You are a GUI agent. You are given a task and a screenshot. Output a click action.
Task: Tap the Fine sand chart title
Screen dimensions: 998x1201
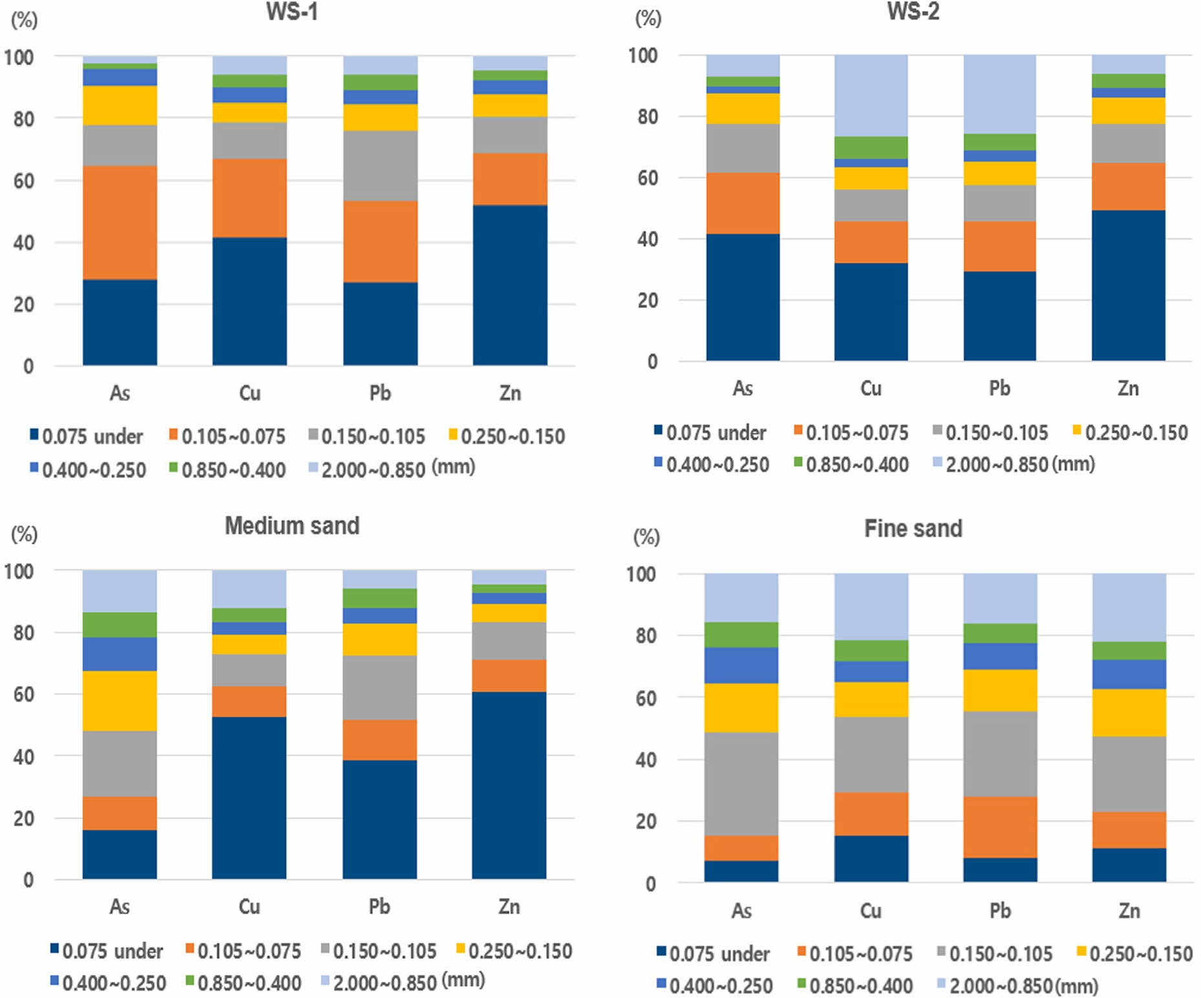[913, 528]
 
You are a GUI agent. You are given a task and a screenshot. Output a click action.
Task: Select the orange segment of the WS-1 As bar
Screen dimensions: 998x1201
[120, 222]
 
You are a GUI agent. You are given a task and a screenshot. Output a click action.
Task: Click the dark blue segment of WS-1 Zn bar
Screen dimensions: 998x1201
[510, 285]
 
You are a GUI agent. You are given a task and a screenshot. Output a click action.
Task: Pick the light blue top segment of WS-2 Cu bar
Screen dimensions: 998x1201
[871, 95]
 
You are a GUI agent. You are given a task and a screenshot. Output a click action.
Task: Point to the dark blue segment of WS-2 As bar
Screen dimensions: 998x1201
[743, 297]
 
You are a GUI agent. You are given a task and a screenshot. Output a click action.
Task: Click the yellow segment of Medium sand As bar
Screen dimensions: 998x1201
[120, 701]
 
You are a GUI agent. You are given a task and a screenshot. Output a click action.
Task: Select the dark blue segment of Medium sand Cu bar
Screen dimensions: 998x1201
[250, 798]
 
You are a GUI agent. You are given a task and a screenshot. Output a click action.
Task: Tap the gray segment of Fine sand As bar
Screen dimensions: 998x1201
[741, 784]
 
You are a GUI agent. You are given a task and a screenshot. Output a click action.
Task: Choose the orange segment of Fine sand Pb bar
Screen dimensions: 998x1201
[1000, 827]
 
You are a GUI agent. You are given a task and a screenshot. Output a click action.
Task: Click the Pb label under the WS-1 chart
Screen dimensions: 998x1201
[380, 393]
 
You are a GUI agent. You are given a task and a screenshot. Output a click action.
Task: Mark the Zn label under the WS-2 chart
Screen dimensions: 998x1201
[1128, 388]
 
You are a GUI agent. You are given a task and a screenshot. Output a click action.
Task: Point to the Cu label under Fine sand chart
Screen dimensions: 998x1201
[871, 911]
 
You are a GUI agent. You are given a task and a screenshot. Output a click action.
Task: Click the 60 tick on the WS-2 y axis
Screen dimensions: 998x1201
[648, 178]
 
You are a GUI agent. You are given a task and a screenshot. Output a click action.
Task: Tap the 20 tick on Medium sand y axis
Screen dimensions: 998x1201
[23, 818]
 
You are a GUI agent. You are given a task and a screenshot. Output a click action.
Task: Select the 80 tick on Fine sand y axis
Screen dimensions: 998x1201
[646, 636]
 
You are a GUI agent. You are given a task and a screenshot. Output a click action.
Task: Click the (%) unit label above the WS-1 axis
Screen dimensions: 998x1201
[24, 20]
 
